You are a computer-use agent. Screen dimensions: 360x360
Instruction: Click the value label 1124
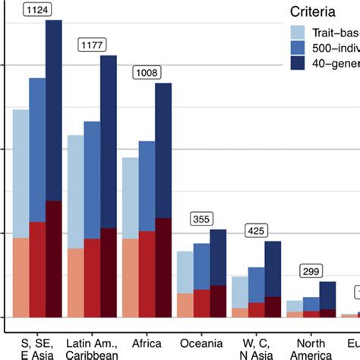(x=37, y=10)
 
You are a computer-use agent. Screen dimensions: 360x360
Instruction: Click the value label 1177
(x=92, y=46)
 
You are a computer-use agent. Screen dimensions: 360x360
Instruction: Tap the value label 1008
(x=147, y=73)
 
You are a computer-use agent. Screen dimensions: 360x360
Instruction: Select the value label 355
(x=202, y=219)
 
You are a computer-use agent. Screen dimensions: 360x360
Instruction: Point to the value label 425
(x=257, y=230)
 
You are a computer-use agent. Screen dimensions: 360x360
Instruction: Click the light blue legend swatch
(x=298, y=32)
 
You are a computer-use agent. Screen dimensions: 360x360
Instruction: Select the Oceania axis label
(x=202, y=343)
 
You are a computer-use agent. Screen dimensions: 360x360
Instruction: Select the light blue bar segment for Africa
(x=131, y=197)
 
